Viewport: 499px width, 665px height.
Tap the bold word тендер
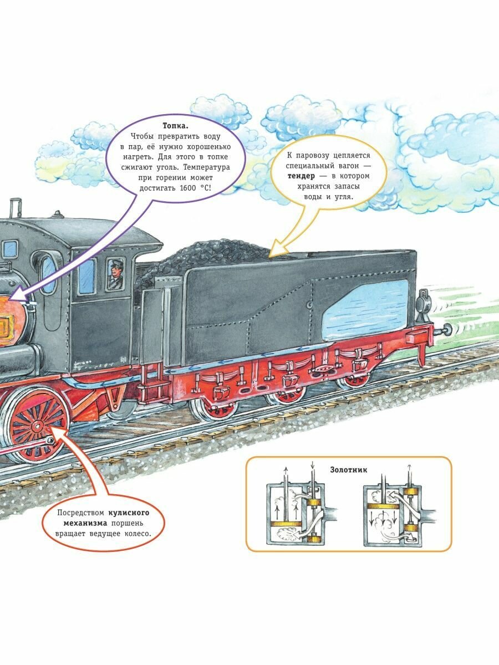pos(304,176)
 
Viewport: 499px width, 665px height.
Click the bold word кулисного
pos(131,513)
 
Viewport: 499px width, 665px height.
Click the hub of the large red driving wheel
pos(38,426)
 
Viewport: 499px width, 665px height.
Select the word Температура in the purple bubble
pos(208,167)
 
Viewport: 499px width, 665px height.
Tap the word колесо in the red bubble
pos(133,534)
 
